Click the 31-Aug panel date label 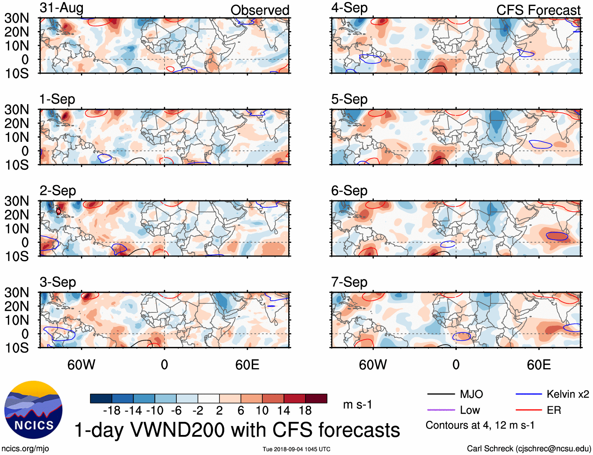(61, 8)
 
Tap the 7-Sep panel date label (349, 282)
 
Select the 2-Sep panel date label (58, 191)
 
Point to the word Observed (260, 10)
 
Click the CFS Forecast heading (538, 10)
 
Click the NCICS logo (33, 410)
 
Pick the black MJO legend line (441, 394)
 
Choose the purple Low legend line (441, 410)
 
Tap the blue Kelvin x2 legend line (529, 394)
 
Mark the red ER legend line (529, 410)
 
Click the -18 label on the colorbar (112, 411)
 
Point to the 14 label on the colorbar (284, 411)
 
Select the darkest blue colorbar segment (101, 398)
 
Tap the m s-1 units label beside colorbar (357, 404)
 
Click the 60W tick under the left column (81, 365)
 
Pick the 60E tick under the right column (538, 365)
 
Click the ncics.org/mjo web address (25, 449)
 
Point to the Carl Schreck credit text (529, 449)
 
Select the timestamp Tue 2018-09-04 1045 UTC (296, 449)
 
